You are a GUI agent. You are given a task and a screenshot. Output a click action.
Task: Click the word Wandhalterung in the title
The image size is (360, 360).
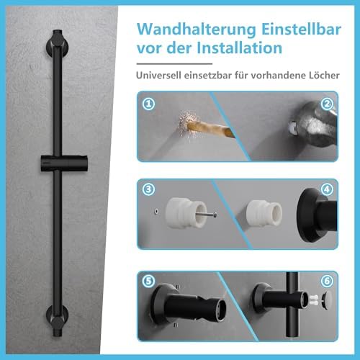pyautogui.click(x=197, y=30)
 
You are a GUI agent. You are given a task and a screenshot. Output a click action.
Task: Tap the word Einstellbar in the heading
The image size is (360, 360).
pyautogui.click(x=301, y=30)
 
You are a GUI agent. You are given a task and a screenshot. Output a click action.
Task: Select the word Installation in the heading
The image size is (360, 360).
pyautogui.click(x=239, y=48)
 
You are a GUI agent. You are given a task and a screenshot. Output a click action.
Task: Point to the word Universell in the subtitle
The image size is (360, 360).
pyautogui.click(x=158, y=75)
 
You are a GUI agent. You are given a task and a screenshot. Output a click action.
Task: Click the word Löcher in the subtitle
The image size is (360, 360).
pyautogui.click(x=324, y=75)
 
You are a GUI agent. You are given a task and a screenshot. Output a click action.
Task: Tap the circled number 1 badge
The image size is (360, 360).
pyautogui.click(x=148, y=104)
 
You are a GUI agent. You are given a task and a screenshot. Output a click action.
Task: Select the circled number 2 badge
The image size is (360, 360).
pyautogui.click(x=327, y=104)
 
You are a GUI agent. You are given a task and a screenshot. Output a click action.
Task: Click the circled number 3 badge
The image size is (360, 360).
pyautogui.click(x=148, y=189)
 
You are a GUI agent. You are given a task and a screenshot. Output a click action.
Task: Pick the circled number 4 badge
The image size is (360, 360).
pyautogui.click(x=327, y=189)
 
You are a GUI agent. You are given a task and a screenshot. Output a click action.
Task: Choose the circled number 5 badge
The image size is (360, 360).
pyautogui.click(x=148, y=281)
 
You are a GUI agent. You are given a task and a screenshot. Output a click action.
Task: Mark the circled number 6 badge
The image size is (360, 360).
pyautogui.click(x=327, y=281)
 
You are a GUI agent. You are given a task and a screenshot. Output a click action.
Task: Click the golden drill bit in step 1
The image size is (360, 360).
pyautogui.click(x=211, y=129)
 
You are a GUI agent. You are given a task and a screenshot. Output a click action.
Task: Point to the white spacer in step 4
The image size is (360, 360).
pyautogui.click(x=264, y=213)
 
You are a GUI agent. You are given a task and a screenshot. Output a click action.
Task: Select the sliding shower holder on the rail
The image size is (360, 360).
pyautogui.click(x=64, y=163)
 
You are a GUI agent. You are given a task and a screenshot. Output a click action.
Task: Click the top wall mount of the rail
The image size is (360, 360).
pyautogui.click(x=58, y=44)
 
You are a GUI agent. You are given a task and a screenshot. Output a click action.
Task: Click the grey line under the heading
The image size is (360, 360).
pyautogui.click(x=174, y=64)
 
